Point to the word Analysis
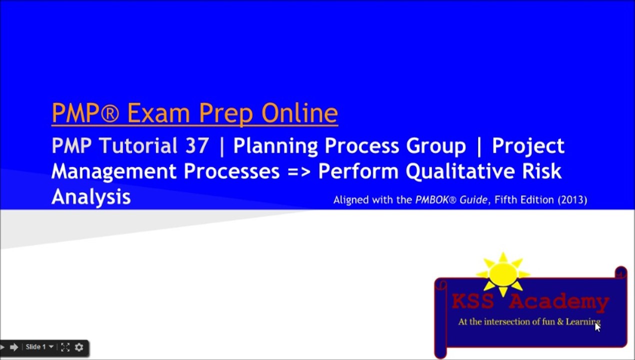tap(91, 197)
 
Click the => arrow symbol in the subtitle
tap(299, 171)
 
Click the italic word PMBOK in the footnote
tap(433, 200)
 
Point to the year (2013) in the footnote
tap(572, 200)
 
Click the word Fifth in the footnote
tap(508, 200)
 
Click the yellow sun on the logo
tap(503, 274)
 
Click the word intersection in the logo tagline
tap(508, 322)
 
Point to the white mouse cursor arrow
tap(597, 326)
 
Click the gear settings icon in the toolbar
tap(79, 347)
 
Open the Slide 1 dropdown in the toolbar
tap(39, 347)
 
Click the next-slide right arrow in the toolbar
tap(14, 347)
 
